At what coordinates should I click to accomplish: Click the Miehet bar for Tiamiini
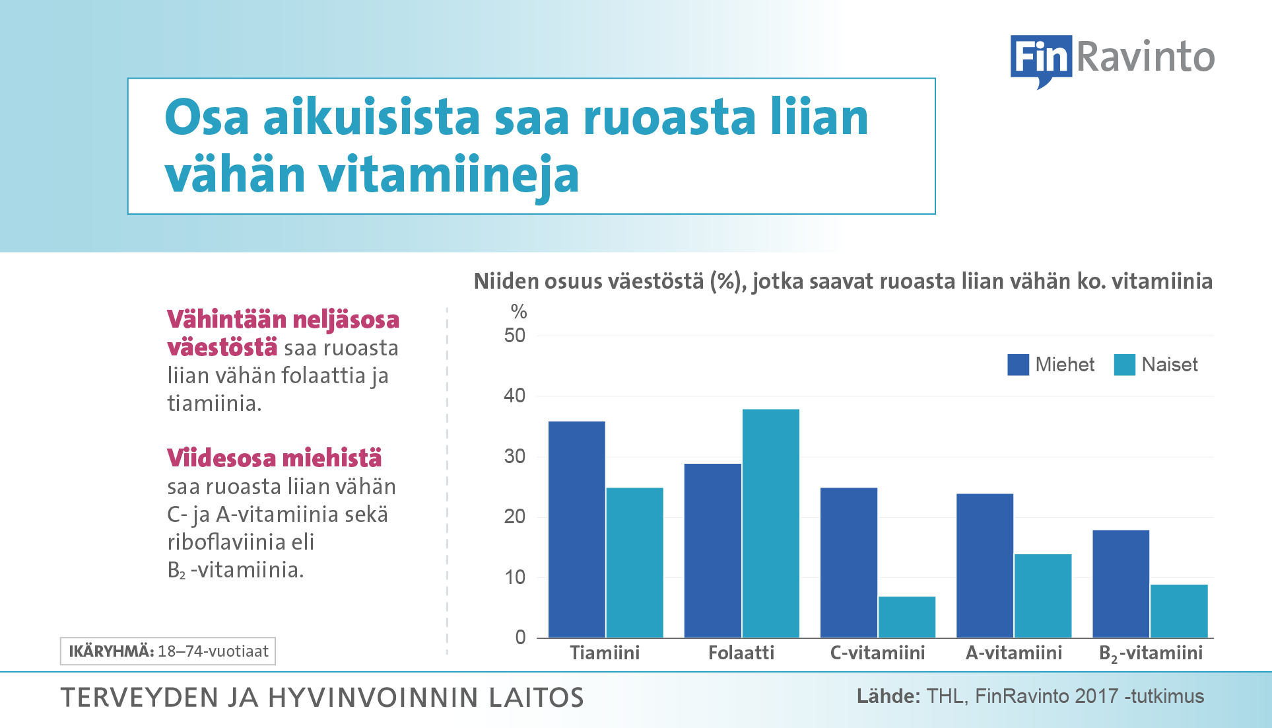(x=576, y=529)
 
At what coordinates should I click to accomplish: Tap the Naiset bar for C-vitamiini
(x=906, y=617)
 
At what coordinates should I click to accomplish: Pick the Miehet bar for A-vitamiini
(x=984, y=565)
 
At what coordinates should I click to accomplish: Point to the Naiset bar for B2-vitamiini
(x=1178, y=611)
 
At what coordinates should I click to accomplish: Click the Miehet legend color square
(x=1018, y=365)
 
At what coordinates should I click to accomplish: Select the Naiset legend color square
(x=1124, y=365)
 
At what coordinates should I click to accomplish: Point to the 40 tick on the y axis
(x=515, y=396)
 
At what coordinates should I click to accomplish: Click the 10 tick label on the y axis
(x=515, y=577)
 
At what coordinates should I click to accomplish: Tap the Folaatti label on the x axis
(x=741, y=653)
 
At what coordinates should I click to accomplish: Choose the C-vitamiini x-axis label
(x=877, y=653)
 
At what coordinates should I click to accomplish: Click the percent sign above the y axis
(x=519, y=311)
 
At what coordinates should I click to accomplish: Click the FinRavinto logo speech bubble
(x=1041, y=60)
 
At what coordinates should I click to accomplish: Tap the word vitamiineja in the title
(x=448, y=175)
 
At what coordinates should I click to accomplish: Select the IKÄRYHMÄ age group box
(x=168, y=651)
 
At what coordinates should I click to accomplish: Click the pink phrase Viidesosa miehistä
(x=274, y=458)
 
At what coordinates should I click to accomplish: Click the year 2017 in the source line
(x=1096, y=696)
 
